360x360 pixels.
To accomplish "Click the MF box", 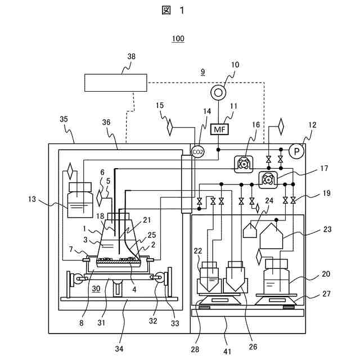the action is click(x=219, y=129).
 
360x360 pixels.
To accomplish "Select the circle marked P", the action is click(x=296, y=151).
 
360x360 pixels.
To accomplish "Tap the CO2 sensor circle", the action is click(x=197, y=152).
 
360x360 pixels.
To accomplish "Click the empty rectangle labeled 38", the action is click(x=116, y=83).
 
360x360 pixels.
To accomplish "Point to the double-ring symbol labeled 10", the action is click(x=218, y=93).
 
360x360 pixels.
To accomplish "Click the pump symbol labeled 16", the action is click(x=244, y=164).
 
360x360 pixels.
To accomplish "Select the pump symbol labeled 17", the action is click(x=268, y=180).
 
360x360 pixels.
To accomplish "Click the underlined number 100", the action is click(x=178, y=39).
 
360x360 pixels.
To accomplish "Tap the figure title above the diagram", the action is click(x=173, y=10).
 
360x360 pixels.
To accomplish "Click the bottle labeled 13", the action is click(x=80, y=200).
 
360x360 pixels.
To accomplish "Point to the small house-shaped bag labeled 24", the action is click(x=250, y=230).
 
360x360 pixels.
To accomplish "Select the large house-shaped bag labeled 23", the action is click(x=271, y=236).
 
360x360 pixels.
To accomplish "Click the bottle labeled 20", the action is click(x=276, y=276).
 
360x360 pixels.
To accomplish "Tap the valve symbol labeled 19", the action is click(x=293, y=201).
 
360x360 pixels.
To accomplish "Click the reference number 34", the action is click(x=119, y=349).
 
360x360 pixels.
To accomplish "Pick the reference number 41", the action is click(x=227, y=352).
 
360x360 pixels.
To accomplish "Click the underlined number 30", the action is click(x=96, y=289).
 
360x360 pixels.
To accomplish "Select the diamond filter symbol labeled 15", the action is click(x=170, y=127).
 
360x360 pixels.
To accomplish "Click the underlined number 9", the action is click(x=202, y=72).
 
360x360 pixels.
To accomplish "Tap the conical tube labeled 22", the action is click(x=209, y=278).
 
